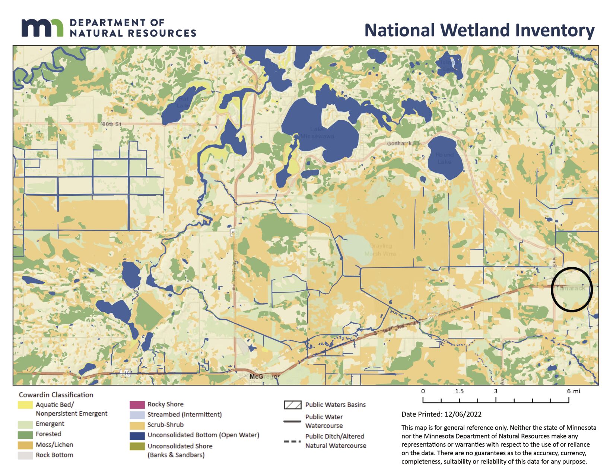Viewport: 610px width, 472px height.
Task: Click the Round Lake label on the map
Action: (445, 158)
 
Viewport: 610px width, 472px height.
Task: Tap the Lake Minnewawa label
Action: (317, 133)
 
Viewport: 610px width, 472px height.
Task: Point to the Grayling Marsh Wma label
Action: (380, 250)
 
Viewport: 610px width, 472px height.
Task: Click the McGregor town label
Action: (263, 377)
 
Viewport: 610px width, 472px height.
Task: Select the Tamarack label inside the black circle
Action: (570, 289)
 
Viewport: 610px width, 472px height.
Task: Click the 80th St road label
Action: (112, 124)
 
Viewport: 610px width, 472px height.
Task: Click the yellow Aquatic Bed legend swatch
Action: (25, 405)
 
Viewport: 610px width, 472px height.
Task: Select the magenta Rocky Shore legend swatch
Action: (137, 405)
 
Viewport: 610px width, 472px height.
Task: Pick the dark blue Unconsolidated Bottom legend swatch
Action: (137, 435)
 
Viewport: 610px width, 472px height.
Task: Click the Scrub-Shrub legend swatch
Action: (137, 425)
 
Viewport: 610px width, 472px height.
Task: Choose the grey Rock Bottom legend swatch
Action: (25, 455)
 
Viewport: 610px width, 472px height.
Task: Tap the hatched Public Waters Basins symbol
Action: (292, 405)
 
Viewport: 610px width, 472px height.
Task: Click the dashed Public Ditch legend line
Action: (292, 441)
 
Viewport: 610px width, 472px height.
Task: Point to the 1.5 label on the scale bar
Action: (459, 391)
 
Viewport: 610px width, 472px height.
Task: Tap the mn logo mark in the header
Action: (42, 28)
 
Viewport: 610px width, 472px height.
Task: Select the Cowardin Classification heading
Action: (56, 394)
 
